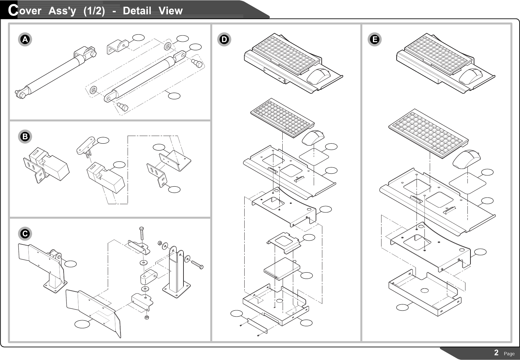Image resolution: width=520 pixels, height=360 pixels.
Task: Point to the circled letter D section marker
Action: coord(224,39)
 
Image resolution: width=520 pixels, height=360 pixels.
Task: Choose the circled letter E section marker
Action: coord(375,39)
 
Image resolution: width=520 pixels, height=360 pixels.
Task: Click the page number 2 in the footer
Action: coord(496,353)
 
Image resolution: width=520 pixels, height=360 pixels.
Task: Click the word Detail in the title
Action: coord(137,11)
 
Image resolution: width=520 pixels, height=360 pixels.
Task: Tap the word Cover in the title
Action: coord(25,11)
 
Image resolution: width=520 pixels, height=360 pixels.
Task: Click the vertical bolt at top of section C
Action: coord(141,234)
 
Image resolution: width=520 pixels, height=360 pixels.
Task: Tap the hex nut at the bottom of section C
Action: coord(147,318)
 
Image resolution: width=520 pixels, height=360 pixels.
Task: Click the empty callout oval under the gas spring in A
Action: coord(174,96)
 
